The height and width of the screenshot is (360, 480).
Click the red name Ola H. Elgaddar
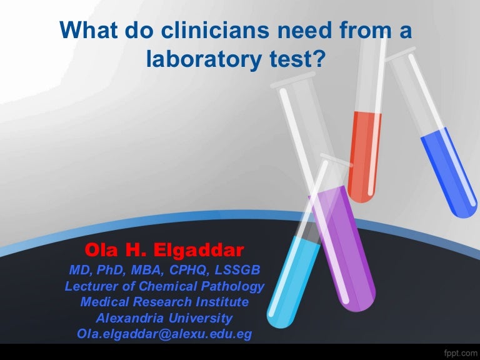[x=164, y=251]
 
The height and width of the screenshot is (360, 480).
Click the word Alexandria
[x=130, y=318]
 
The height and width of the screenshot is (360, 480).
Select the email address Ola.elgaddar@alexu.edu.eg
[x=164, y=334]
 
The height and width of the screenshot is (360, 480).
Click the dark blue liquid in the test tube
[x=448, y=175]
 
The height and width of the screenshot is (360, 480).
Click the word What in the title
[x=86, y=31]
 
